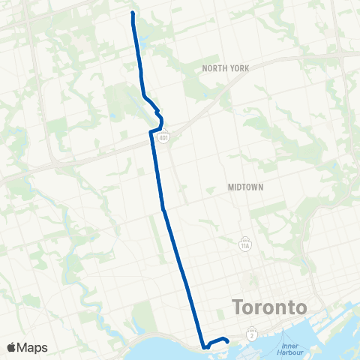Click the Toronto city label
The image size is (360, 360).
click(x=270, y=307)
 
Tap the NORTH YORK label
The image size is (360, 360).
click(x=225, y=67)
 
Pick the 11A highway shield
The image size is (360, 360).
click(x=244, y=245)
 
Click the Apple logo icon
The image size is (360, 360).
click(x=12, y=347)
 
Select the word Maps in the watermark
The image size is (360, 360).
click(x=33, y=347)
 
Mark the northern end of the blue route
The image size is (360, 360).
click(x=133, y=13)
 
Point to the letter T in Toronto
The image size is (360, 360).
click(x=238, y=307)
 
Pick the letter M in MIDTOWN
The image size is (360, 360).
click(x=231, y=187)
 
